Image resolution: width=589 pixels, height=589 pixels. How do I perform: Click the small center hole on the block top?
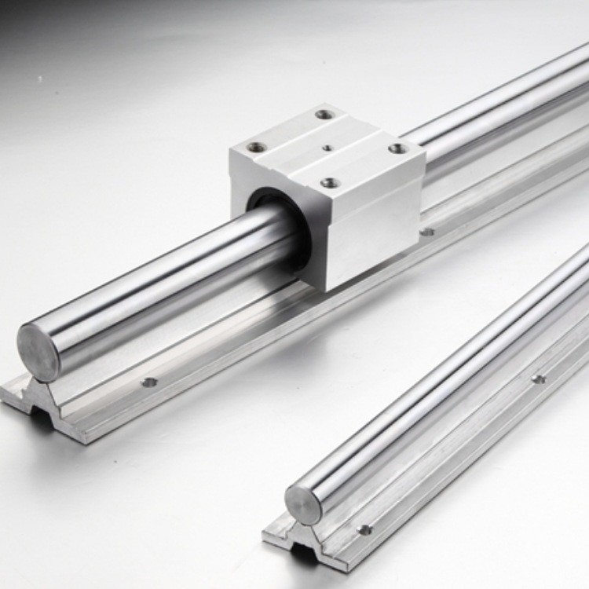click(x=325, y=147)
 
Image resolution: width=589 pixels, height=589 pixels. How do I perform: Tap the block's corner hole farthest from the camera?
click(x=324, y=115)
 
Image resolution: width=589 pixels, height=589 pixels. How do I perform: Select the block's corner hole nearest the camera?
click(x=331, y=182)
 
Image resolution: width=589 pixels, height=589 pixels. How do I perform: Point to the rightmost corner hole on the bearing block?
click(x=399, y=147)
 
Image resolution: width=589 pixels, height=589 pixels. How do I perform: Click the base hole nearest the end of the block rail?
click(x=148, y=382)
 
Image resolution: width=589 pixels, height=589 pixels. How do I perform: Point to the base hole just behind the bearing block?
click(x=427, y=232)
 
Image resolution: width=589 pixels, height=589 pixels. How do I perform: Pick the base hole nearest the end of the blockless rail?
click(x=364, y=529)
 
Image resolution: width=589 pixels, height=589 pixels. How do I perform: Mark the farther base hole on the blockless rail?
click(x=538, y=379)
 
